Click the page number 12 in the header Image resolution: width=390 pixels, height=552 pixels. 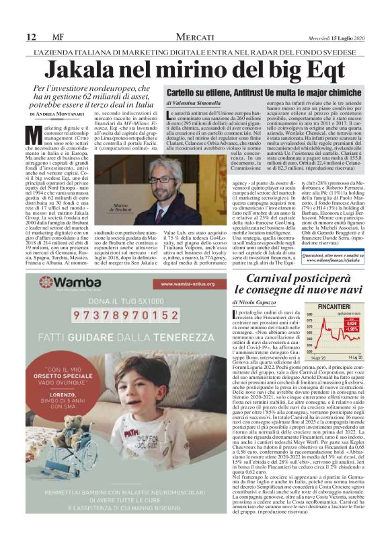[30, 35]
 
